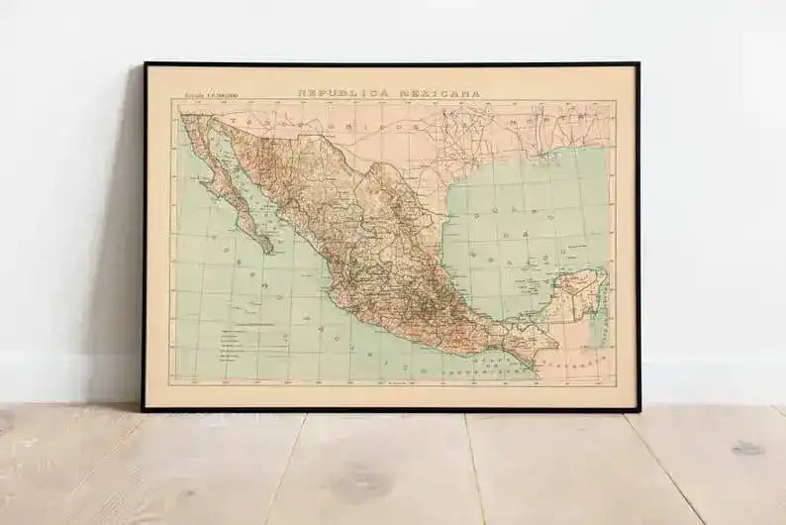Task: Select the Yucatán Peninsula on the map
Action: click(580, 292)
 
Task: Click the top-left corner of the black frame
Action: click(145, 64)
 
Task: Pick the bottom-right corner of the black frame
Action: click(639, 409)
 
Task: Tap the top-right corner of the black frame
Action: click(639, 64)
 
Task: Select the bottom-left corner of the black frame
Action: click(144, 409)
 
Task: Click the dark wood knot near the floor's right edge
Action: click(747, 448)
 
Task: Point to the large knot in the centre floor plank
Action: click(356, 485)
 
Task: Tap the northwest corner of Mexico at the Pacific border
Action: click(183, 116)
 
